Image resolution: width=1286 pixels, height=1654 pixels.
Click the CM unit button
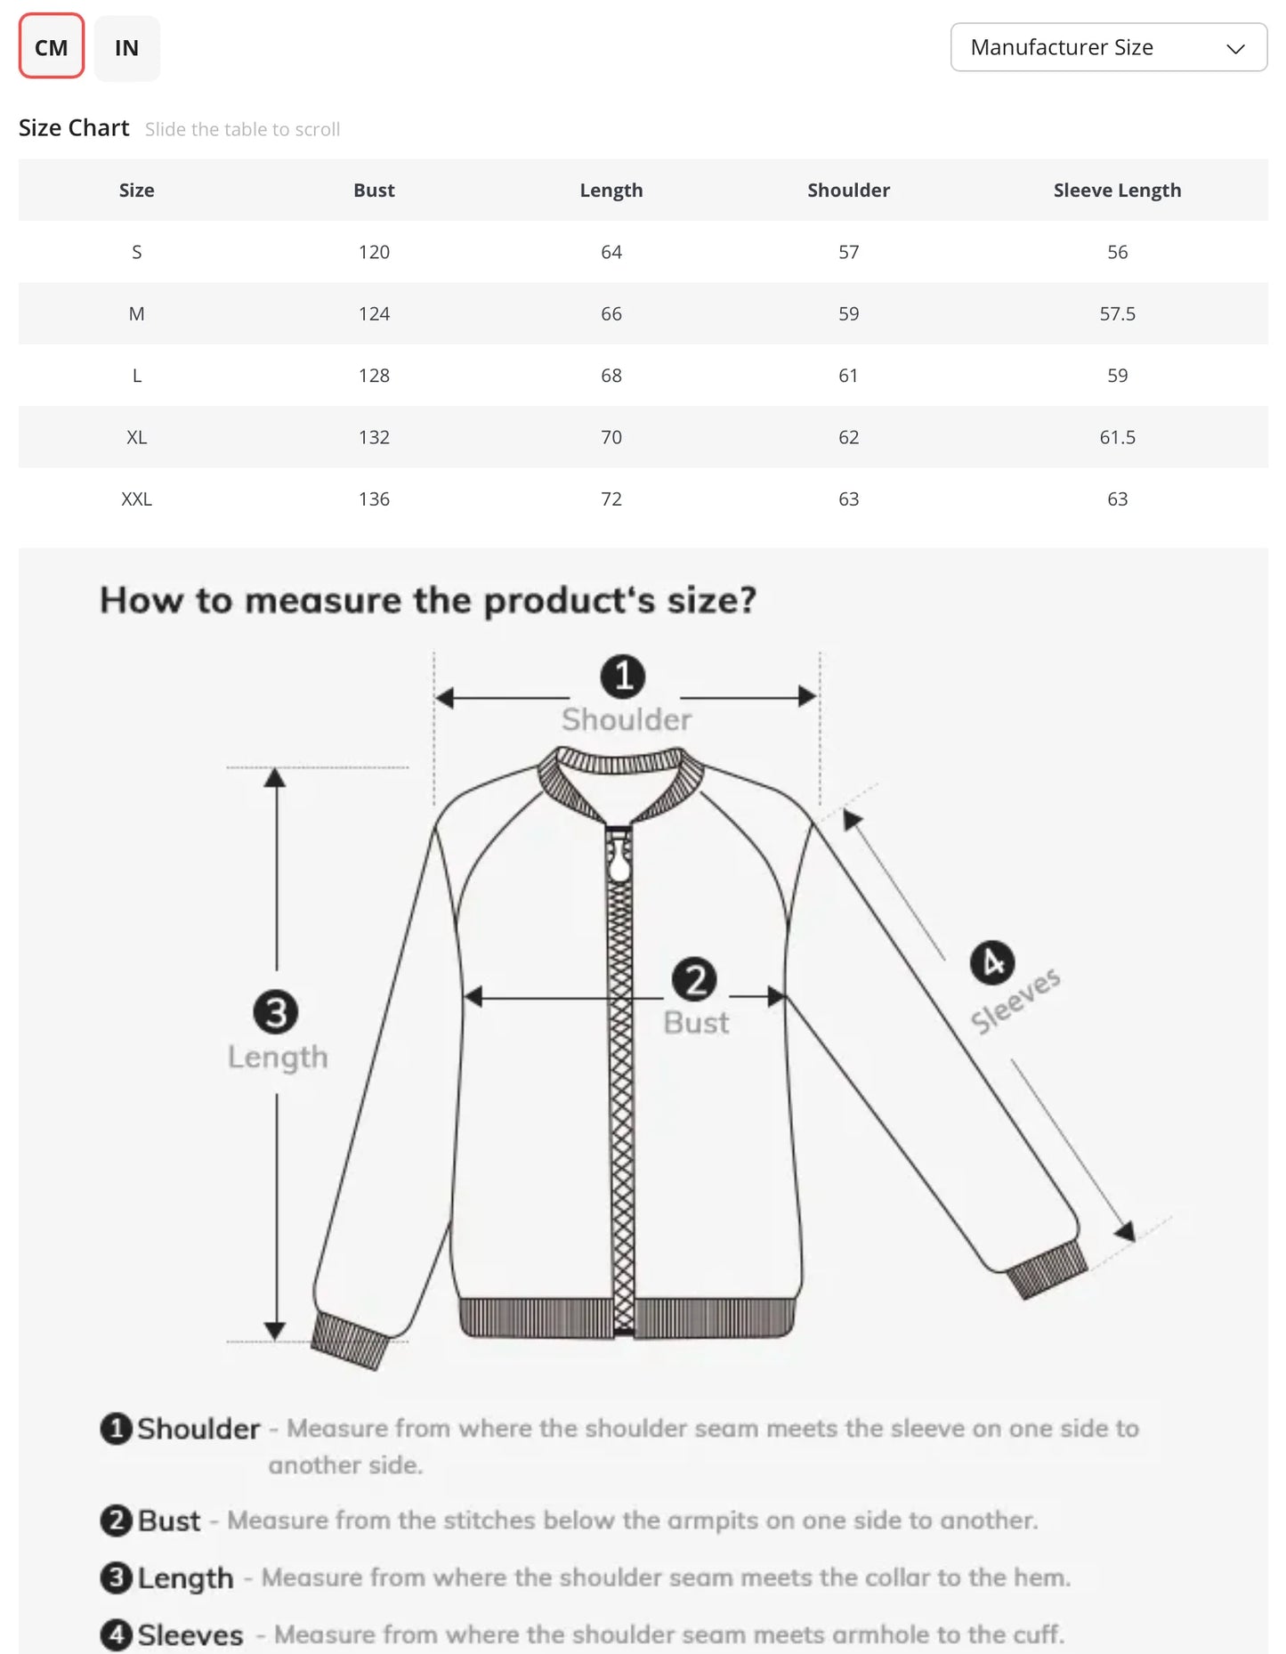point(51,47)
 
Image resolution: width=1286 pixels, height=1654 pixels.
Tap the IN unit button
point(126,48)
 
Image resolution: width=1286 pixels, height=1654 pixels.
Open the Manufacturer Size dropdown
point(1108,47)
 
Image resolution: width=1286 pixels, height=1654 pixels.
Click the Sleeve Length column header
point(1116,191)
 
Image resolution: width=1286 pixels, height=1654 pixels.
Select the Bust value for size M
point(374,313)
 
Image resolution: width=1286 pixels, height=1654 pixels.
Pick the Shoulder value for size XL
point(848,437)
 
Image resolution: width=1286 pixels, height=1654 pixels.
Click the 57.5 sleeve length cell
point(1116,313)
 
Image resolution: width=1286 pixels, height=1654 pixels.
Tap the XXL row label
point(136,499)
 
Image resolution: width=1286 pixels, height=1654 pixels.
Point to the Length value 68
point(611,376)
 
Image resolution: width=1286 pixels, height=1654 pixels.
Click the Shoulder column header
point(848,191)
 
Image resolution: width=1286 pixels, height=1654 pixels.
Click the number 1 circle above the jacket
point(623,677)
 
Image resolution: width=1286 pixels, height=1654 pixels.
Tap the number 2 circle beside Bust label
point(694,979)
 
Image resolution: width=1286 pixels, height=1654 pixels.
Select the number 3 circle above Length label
point(276,1012)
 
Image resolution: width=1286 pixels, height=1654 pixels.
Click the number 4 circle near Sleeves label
point(991,962)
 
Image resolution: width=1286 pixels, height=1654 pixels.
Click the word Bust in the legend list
point(169,1520)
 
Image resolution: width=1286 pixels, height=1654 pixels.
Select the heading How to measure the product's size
point(427,601)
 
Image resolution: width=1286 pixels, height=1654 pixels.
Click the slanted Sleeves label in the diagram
point(1015,1001)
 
